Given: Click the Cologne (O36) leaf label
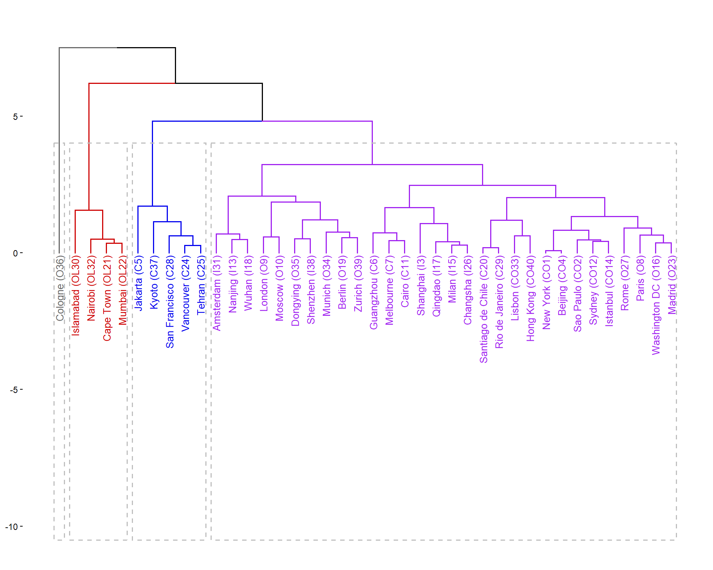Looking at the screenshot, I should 60,288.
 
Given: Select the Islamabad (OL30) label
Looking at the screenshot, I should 75,295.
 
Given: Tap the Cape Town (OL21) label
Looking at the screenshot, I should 107,298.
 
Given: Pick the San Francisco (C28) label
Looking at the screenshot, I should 170,301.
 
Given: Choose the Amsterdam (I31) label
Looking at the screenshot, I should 216,293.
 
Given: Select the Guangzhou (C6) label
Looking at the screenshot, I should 373,292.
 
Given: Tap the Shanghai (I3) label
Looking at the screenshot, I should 420,285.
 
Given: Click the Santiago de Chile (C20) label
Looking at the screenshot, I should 483,309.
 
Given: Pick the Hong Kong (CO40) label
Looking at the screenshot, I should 530,298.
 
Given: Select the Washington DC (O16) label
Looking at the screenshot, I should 656,305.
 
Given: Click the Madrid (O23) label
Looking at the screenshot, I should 671,285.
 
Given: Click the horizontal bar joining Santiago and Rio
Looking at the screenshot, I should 491,248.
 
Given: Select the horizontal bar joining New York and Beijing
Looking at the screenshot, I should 553,251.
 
